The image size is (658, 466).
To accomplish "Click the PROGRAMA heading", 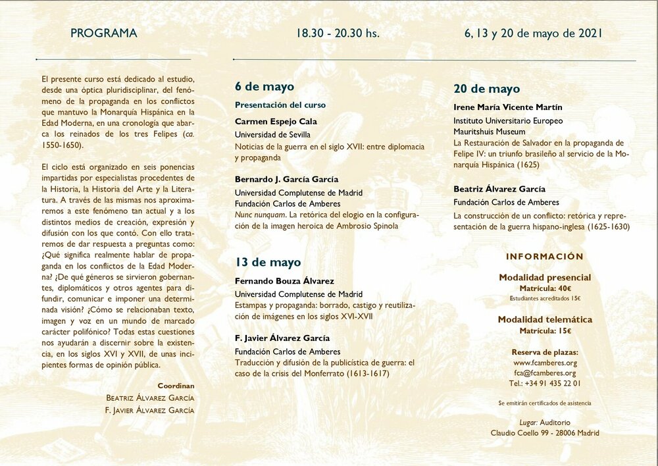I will click(x=104, y=33).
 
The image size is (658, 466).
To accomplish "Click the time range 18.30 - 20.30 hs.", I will click(x=338, y=33).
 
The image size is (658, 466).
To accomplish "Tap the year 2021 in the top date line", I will click(x=590, y=33).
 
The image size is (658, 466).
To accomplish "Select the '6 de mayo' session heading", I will click(x=265, y=87).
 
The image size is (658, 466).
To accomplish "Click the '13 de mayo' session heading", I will click(x=268, y=262).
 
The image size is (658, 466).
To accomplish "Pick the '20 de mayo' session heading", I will click(x=486, y=89).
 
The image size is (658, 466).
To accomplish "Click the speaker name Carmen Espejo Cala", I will click(x=276, y=121).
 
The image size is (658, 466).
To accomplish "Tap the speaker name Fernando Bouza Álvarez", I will click(x=284, y=281).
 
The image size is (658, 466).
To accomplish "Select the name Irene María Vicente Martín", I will click(x=508, y=107).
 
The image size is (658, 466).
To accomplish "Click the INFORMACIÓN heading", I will click(x=545, y=257).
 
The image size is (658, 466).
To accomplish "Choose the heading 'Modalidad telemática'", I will click(x=545, y=320).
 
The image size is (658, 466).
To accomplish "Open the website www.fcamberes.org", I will click(x=545, y=363).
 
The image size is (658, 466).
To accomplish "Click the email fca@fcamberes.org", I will click(x=545, y=373).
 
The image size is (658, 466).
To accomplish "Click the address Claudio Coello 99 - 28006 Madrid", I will click(x=545, y=432).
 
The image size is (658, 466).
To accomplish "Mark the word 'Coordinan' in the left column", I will click(x=176, y=386).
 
